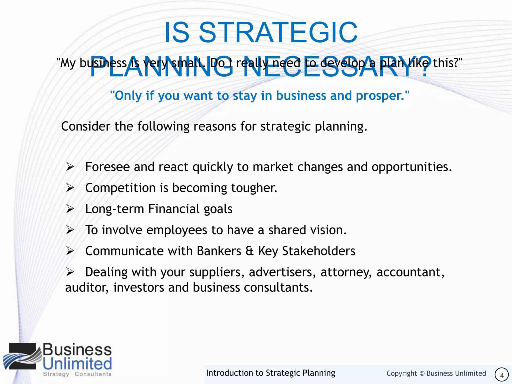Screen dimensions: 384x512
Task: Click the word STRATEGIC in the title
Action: coord(278,33)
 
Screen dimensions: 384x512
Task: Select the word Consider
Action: coord(85,126)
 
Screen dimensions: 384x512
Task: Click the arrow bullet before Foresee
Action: coord(70,167)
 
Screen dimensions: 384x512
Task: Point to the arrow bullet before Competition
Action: coord(70,188)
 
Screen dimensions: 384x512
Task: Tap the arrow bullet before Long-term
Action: coord(70,209)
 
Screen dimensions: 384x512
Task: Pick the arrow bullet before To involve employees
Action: coord(70,230)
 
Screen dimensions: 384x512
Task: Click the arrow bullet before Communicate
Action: coord(70,251)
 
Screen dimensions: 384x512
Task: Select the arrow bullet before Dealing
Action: coord(70,272)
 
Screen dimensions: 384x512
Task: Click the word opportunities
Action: coord(411,167)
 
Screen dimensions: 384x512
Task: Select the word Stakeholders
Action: coord(318,251)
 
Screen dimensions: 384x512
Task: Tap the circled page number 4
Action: coord(501,375)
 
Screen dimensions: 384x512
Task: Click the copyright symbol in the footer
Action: coord(422,373)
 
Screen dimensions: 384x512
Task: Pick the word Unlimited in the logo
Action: coord(77,364)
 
